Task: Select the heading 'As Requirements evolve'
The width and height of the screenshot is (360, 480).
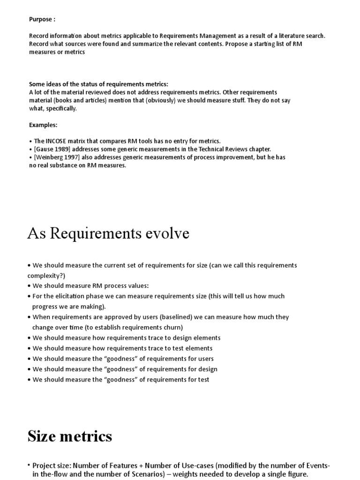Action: [108, 233]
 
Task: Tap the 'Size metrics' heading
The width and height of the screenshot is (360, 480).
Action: [70, 436]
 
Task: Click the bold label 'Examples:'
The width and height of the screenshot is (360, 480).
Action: [43, 125]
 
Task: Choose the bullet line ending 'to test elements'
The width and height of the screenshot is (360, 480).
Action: [122, 348]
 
